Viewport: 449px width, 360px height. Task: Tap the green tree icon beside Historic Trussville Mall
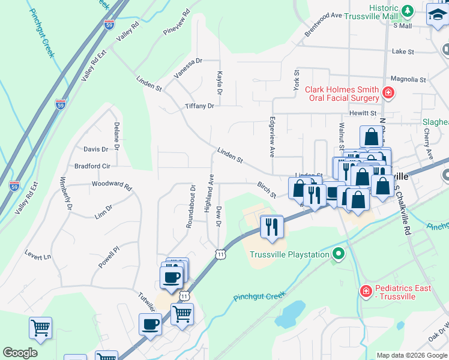[408, 11]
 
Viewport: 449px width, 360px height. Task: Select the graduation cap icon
[437, 14]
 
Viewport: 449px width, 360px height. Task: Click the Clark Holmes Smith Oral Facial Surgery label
[342, 94]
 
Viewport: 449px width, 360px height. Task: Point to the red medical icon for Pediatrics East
[366, 292]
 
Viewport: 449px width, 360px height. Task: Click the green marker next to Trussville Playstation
[338, 254]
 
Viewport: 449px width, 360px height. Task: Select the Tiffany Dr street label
[199, 106]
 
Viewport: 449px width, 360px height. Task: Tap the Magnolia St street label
[408, 79]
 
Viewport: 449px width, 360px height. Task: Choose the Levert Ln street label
[38, 256]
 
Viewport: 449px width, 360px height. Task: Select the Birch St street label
[266, 190]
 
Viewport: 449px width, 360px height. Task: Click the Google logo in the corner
[20, 353]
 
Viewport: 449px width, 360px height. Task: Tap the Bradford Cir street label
[92, 166]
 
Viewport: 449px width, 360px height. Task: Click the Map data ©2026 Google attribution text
[411, 355]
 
